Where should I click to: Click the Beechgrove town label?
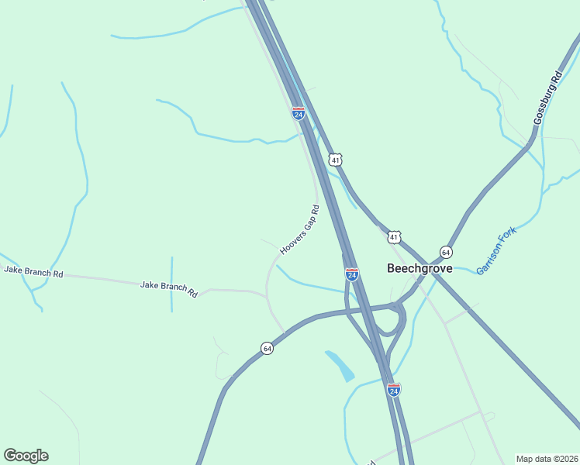click(x=419, y=268)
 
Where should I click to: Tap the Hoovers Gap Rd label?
click(x=299, y=230)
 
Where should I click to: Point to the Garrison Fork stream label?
click(x=495, y=250)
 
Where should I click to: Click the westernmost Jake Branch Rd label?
click(x=33, y=271)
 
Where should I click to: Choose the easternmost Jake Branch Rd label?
click(x=169, y=290)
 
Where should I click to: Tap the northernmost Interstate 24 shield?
click(x=298, y=113)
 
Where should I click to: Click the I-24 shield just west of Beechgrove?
click(x=352, y=274)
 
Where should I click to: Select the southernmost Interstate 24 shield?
click(x=394, y=390)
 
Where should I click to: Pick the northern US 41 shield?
click(x=335, y=160)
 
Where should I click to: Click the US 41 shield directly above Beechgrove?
click(x=395, y=236)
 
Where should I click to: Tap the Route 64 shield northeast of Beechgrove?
click(x=446, y=252)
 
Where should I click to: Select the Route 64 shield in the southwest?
click(x=267, y=348)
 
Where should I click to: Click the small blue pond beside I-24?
click(x=340, y=366)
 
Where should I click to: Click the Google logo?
click(x=26, y=456)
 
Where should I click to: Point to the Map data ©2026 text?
click(x=547, y=459)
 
